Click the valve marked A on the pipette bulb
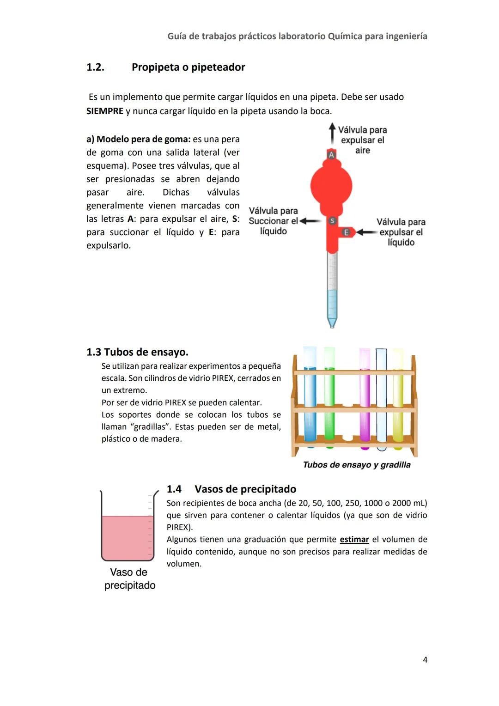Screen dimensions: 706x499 [x=331, y=155]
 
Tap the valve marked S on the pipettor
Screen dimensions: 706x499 [x=332, y=221]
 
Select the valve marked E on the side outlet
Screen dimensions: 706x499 [x=346, y=232]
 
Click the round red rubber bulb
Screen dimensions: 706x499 [x=331, y=186]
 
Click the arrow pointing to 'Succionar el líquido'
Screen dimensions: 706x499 [x=310, y=221]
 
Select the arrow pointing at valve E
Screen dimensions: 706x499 [x=367, y=232]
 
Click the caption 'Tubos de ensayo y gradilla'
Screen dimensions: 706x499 [x=356, y=465]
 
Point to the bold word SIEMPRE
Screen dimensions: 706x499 [x=105, y=111]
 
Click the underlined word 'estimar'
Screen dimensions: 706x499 [x=354, y=539]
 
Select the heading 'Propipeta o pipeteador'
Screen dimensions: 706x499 [x=188, y=67]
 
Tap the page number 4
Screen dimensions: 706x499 [x=425, y=660]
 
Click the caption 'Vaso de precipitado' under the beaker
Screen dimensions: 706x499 [x=129, y=579]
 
